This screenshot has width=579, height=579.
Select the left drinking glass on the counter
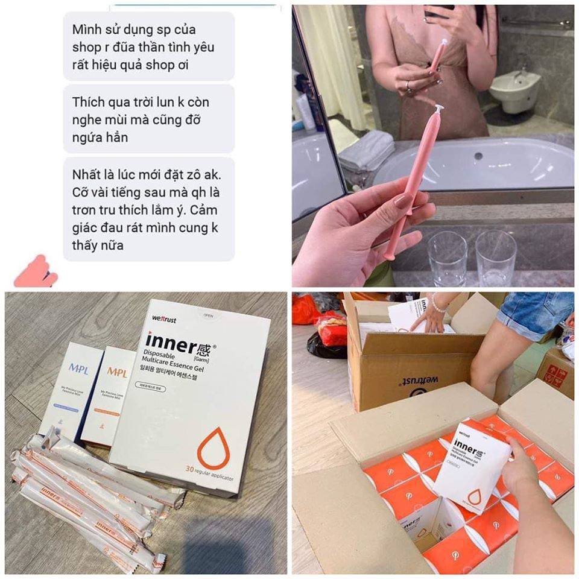[x=447, y=257]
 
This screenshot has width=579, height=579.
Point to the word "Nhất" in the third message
[x=89, y=176]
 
